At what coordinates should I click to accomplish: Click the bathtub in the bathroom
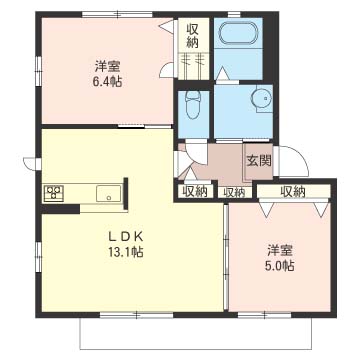coord(238,33)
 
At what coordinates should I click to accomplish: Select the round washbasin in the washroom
coord(262,99)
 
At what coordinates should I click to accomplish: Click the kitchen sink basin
coord(109,193)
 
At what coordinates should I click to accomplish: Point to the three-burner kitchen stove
coord(54,193)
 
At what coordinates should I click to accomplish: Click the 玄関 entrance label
coord(259,161)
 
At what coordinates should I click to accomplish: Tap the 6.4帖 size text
coord(107,81)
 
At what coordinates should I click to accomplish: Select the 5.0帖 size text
coord(280,266)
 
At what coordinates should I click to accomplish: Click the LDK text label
coord(126,237)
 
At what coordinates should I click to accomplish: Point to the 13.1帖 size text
coord(125,252)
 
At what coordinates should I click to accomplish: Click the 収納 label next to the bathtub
coord(193,36)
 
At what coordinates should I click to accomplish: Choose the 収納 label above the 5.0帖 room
coord(293,191)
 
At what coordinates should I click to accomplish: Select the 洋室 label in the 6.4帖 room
coord(107,66)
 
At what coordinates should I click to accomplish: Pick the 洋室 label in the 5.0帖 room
coord(280,251)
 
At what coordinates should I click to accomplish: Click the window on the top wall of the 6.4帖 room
coord(117,14)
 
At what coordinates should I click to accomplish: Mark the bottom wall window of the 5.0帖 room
coord(265,315)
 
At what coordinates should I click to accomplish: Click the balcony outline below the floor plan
coord(196,349)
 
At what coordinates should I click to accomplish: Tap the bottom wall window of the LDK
coord(137,315)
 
